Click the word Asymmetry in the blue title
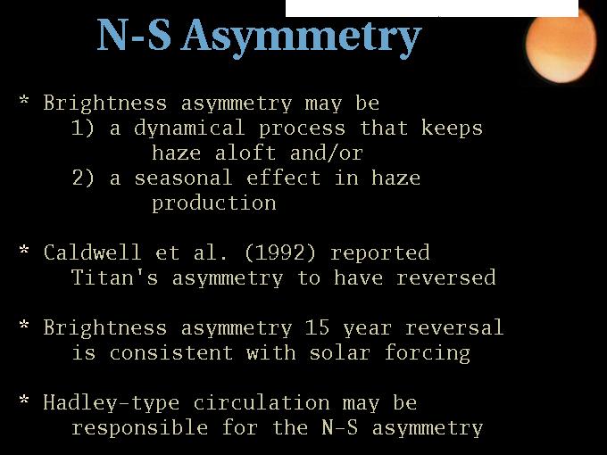302,37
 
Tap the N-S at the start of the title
134,35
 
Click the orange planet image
561,45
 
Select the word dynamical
189,128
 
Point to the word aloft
245,153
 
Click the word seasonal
183,178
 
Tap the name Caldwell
92,253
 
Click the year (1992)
280,253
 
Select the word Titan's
114,277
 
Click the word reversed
446,277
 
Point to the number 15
317,327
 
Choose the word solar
339,353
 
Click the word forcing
428,354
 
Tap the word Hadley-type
111,403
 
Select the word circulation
262,402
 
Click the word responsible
140,428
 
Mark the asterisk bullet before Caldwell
24,250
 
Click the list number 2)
83,178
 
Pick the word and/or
327,153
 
